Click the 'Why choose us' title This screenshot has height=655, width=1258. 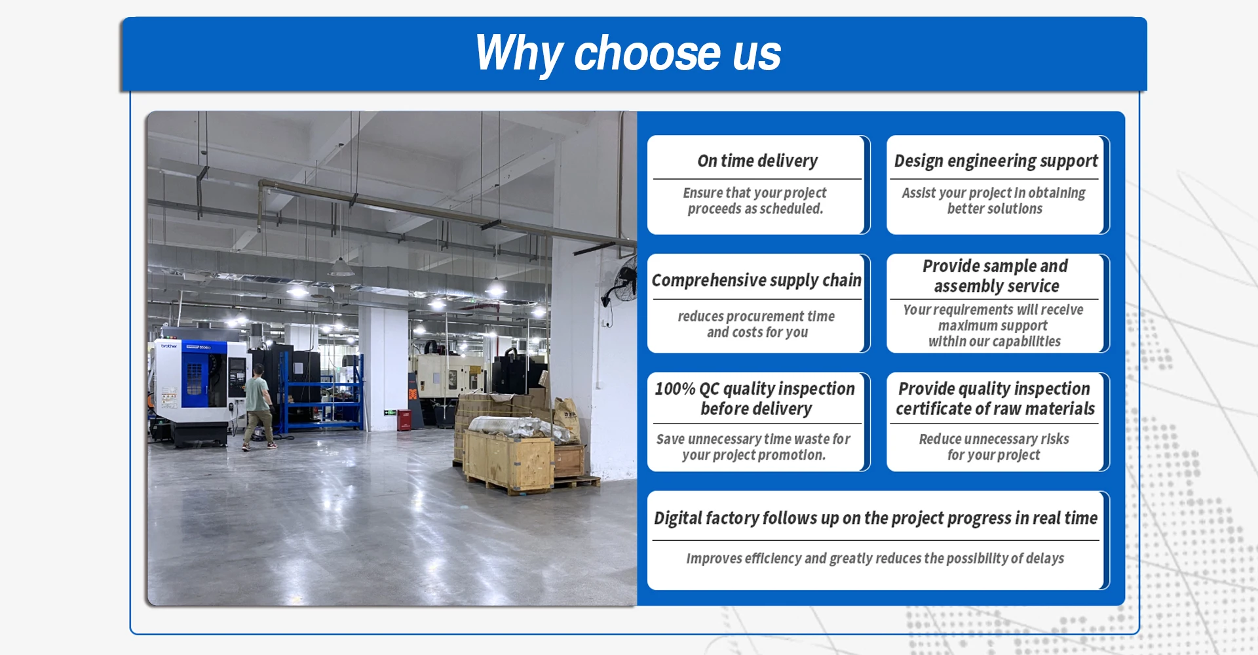[628, 53]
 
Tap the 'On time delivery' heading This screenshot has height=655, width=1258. [757, 161]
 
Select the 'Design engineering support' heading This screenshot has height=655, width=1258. [996, 161]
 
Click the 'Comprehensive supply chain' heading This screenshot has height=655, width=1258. [756, 281]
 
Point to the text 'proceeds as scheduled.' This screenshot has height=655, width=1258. [755, 209]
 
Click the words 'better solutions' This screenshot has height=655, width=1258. [995, 209]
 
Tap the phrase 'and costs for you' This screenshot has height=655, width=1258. [757, 332]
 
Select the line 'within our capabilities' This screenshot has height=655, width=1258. [994, 342]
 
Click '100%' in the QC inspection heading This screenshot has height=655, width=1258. [675, 389]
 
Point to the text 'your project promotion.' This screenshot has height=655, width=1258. [753, 455]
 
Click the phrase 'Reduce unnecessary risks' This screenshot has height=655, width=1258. [993, 439]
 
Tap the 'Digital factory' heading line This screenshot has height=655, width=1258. [875, 519]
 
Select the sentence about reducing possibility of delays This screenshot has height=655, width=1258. [875, 559]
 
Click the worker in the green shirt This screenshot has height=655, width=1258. [258, 407]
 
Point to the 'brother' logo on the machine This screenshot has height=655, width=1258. [169, 346]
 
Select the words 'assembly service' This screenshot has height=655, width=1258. [997, 287]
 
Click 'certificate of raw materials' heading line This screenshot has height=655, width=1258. [995, 409]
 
